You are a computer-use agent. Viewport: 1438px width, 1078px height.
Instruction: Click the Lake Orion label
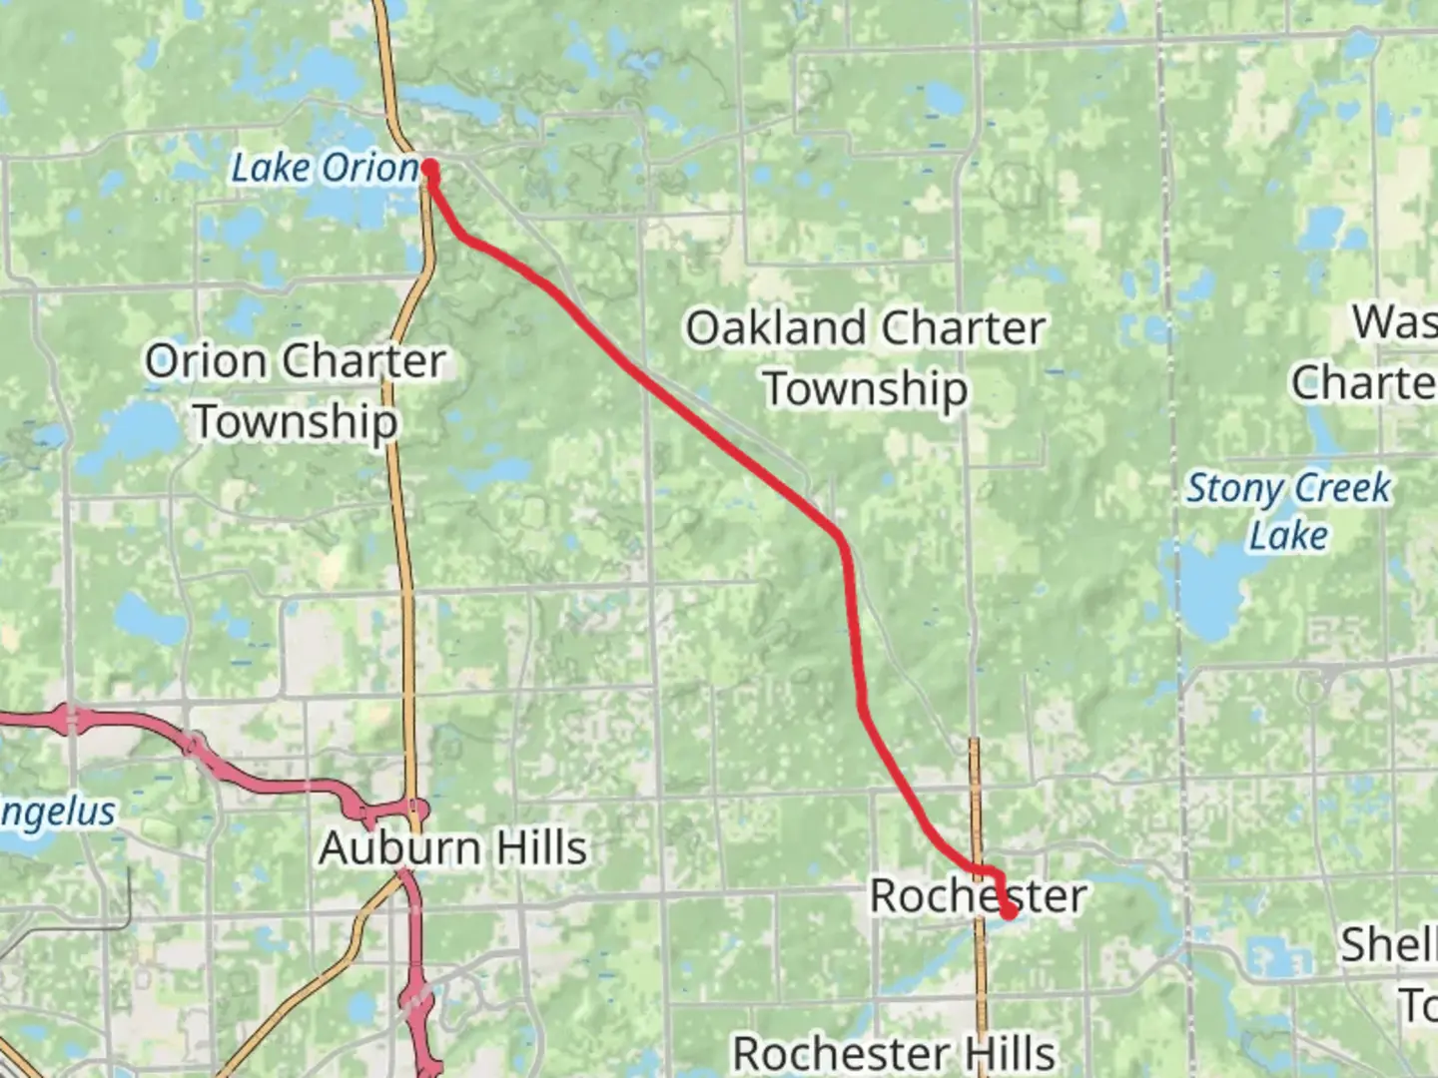(x=325, y=168)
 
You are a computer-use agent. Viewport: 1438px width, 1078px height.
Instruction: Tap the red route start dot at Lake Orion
(x=430, y=168)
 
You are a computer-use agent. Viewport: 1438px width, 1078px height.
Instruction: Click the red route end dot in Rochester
(x=1009, y=911)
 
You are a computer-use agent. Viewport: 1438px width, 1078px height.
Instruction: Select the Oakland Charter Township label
(x=865, y=357)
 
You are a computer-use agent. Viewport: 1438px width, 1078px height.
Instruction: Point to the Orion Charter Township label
(x=296, y=390)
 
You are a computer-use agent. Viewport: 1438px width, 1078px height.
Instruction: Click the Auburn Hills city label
(x=453, y=848)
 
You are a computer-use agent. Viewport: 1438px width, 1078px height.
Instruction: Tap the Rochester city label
(x=978, y=895)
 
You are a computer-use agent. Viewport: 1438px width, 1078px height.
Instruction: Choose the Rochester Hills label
(x=894, y=1053)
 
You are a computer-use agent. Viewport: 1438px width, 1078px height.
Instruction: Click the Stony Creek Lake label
(x=1288, y=511)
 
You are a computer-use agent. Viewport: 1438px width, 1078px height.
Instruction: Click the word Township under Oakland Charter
(x=866, y=389)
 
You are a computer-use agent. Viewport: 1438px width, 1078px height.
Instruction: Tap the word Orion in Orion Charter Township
(x=207, y=360)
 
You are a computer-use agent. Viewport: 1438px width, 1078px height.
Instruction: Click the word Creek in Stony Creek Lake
(x=1343, y=488)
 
